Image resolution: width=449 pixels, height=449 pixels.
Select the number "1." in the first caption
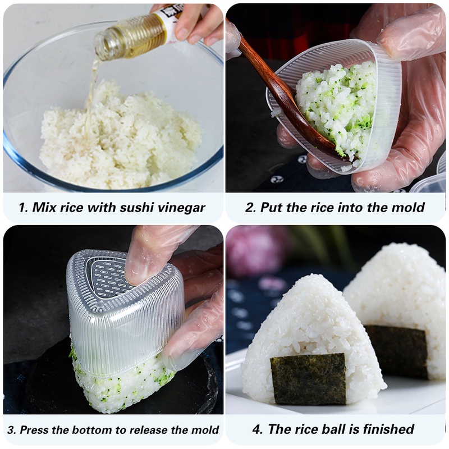[x=23, y=208]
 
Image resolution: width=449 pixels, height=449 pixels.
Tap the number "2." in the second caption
[x=251, y=208]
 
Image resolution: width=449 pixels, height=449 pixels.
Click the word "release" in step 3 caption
[x=145, y=430]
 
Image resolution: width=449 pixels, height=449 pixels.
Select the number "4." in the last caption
[x=258, y=430]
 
